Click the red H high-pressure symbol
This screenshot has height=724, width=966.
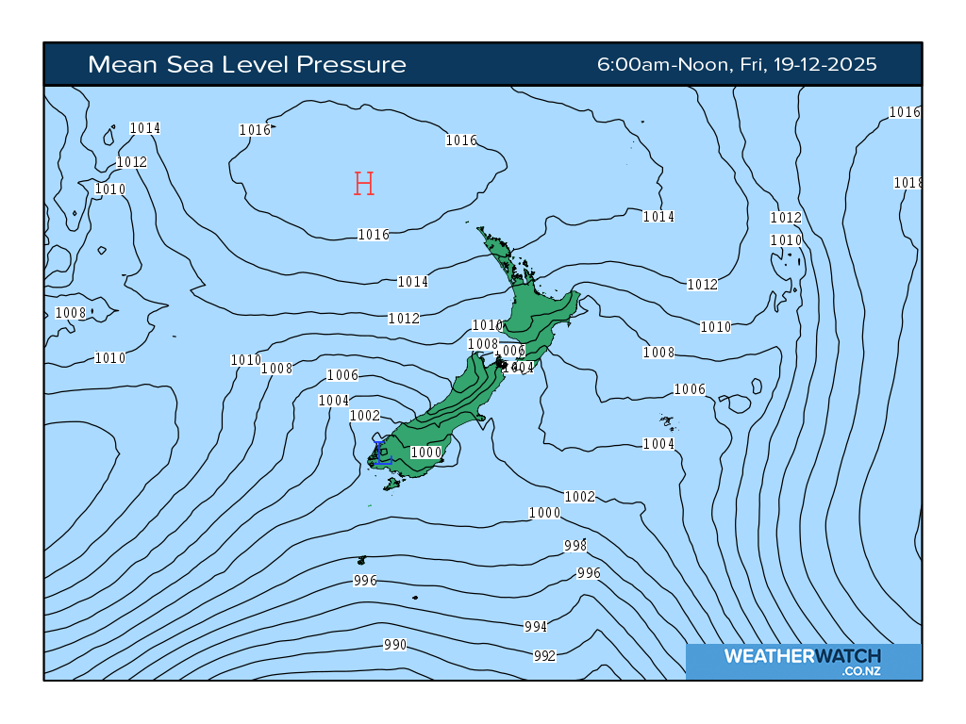pyautogui.click(x=364, y=184)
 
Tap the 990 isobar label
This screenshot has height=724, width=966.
pyautogui.click(x=395, y=645)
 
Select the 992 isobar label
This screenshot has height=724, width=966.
pyautogui.click(x=544, y=656)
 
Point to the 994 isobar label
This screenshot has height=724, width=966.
pyautogui.click(x=535, y=627)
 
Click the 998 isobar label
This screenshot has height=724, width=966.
pyautogui.click(x=575, y=546)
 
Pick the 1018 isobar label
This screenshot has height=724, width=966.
pyautogui.click(x=908, y=183)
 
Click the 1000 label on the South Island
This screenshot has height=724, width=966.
pyautogui.click(x=426, y=452)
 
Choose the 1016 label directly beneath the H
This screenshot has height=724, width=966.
pyautogui.click(x=374, y=235)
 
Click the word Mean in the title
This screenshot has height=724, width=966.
pyautogui.click(x=118, y=65)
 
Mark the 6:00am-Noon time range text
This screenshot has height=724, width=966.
pyautogui.click(x=664, y=65)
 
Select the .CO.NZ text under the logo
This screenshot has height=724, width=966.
pyautogui.click(x=862, y=671)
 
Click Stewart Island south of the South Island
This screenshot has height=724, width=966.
pyautogui.click(x=391, y=485)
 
